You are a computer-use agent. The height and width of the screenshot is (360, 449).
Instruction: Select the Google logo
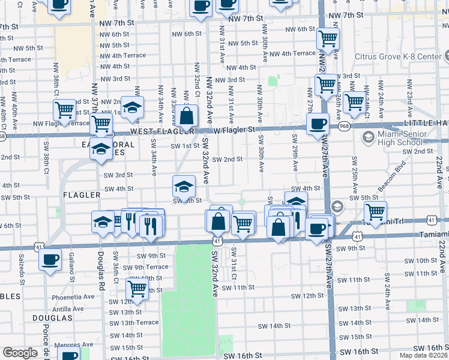point(20,353)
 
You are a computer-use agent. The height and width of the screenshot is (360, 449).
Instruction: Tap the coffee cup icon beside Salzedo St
point(50,260)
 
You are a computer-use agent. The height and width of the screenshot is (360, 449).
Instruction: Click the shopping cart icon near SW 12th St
point(137,288)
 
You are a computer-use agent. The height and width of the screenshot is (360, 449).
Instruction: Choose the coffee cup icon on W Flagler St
point(317,124)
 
